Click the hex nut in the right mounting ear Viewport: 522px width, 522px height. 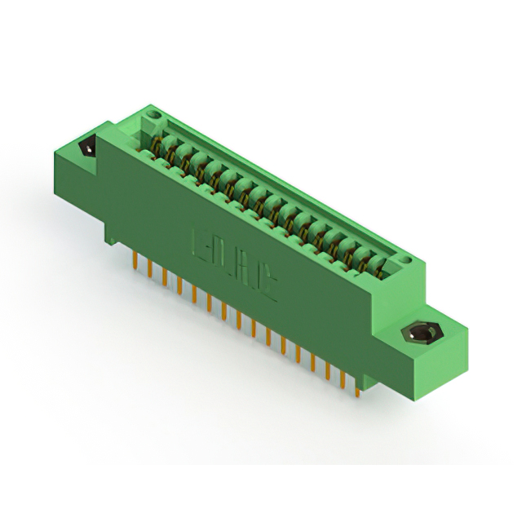point(422,334)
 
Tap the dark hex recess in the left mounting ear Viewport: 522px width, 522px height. point(85,149)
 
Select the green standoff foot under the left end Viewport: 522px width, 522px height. point(109,235)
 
